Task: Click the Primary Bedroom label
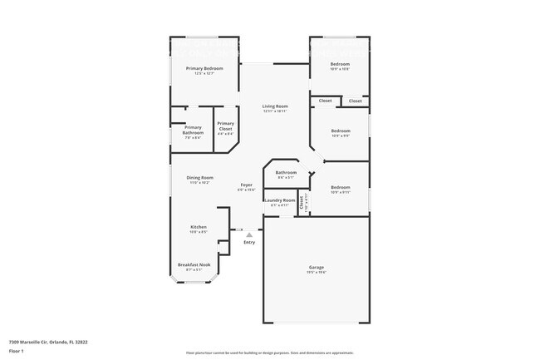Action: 204,68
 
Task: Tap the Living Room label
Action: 275,106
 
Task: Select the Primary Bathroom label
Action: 193,130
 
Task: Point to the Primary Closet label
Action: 226,126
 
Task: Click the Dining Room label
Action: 199,177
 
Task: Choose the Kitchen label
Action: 198,227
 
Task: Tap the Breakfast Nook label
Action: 194,264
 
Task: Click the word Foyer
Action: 247,185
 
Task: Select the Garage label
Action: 317,267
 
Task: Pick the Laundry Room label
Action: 280,200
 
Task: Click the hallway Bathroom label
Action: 286,173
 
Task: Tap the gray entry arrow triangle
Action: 248,235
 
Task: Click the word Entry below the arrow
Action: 249,242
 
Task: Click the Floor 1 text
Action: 17,351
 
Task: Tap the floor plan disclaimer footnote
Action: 270,353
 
